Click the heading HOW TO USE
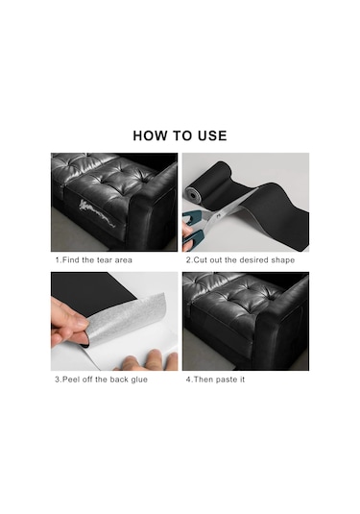(180, 135)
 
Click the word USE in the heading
(212, 135)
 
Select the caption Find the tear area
(94, 260)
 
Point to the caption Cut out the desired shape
(240, 260)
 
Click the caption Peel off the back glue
(101, 379)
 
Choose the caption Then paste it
(215, 379)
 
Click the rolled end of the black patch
(193, 195)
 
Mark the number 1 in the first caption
(58, 260)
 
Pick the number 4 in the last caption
(188, 379)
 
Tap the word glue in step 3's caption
(139, 379)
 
